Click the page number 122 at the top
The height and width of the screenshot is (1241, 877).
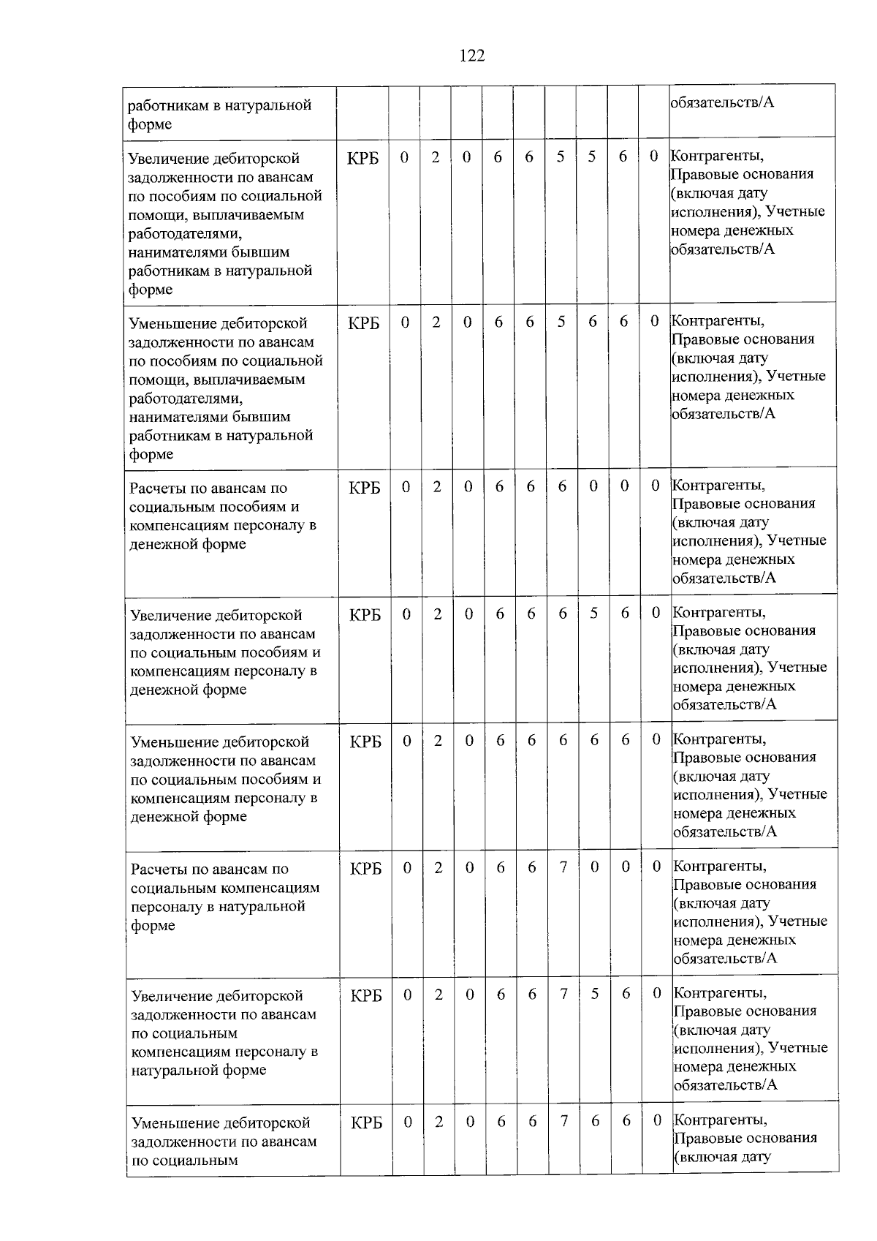472,56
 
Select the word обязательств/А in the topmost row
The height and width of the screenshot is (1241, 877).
722,102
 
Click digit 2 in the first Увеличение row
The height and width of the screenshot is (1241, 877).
436,157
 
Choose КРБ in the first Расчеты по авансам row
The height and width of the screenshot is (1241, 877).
364,488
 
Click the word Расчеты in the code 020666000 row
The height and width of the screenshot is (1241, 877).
158,489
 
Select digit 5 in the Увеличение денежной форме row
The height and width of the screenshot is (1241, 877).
593,614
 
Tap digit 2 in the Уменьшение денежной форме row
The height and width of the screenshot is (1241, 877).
438,741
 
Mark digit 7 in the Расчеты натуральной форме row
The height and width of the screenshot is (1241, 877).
563,867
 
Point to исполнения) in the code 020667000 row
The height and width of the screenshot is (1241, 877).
718,921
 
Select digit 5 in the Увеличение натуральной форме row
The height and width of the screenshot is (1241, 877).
594,995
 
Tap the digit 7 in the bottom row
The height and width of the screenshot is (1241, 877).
563,1121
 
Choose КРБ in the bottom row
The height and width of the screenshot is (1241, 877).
366,1123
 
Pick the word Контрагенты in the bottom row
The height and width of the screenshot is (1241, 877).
720,1120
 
